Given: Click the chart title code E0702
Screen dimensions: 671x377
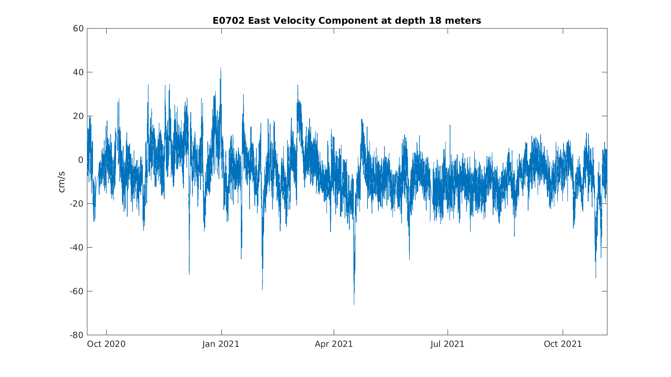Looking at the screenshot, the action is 229,20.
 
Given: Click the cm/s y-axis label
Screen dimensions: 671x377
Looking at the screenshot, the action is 62,182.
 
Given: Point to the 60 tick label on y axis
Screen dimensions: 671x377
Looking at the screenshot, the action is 78,29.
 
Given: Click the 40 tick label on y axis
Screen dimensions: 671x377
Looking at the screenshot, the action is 78,72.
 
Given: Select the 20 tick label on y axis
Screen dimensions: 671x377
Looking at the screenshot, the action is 78,116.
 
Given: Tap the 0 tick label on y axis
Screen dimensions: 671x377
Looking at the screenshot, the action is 81,160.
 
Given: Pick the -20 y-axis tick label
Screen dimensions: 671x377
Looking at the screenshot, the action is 77,204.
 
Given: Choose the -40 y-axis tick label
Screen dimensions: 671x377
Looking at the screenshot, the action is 77,248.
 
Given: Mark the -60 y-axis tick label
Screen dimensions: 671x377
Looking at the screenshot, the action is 77,291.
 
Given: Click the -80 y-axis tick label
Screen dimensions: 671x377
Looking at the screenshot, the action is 77,335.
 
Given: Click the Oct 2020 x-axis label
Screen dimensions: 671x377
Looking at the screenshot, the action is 106,344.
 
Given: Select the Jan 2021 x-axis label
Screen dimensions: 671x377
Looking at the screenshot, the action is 221,344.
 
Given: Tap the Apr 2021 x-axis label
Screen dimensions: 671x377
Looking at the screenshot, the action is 334,344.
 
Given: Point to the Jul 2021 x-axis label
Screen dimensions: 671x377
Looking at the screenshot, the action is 448,344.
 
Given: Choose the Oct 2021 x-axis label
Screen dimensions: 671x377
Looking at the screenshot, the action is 563,344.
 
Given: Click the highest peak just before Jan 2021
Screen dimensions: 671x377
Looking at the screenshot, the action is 221,68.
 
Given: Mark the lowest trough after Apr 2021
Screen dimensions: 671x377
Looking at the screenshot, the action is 354,305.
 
